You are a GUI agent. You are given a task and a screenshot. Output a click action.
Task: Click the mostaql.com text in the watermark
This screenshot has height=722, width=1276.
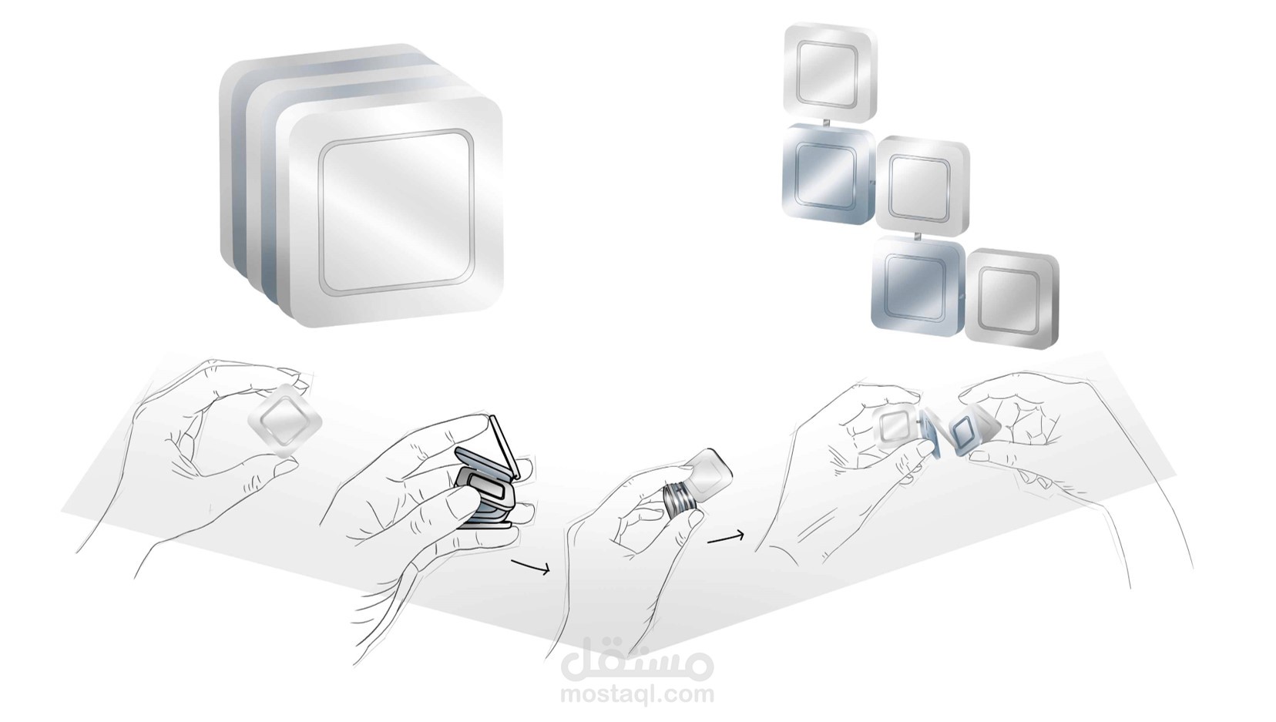point(637,693)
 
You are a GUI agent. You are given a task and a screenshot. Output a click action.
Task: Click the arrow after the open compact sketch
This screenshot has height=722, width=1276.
point(530,568)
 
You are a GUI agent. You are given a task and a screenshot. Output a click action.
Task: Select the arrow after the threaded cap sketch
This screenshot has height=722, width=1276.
point(725,538)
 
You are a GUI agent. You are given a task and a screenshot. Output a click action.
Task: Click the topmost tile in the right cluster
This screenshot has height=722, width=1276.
point(828,72)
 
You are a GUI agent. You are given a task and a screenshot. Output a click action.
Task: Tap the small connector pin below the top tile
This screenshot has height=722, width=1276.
point(825,123)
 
